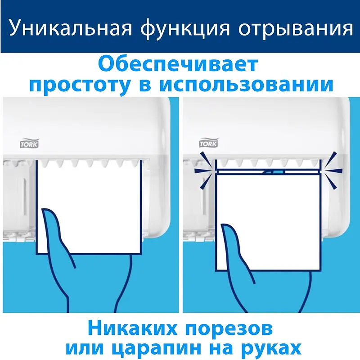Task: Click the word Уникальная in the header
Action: click(71, 28)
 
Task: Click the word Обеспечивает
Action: click(178, 64)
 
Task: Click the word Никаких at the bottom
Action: click(132, 328)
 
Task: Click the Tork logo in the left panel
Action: click(29, 144)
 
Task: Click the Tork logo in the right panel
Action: click(208, 143)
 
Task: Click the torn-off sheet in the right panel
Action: click(268, 222)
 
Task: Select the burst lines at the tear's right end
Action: click(332, 171)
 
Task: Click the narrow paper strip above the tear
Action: click(268, 171)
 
